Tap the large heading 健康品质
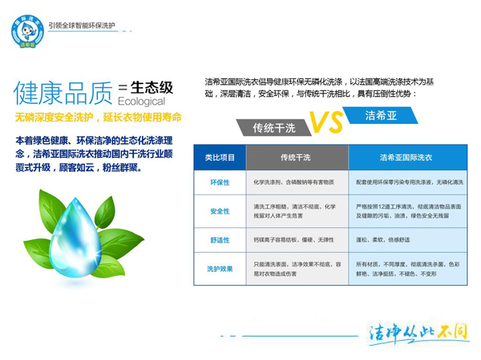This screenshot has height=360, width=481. tap(63, 94)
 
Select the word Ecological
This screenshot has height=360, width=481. tap(141, 102)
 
